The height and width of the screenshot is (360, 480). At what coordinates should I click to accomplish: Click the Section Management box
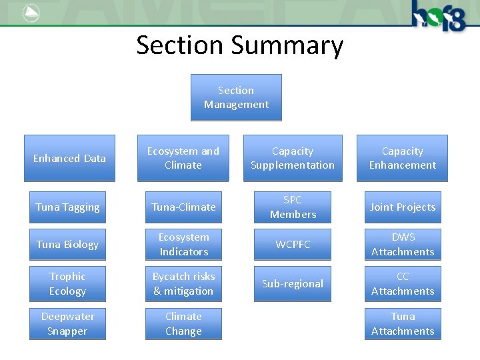pyautogui.click(x=236, y=97)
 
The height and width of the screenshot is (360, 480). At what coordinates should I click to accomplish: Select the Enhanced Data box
pyautogui.click(x=69, y=158)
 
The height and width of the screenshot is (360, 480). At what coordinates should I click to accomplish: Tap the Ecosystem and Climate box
pyautogui.click(x=183, y=158)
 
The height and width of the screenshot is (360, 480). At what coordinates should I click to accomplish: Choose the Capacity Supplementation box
pyautogui.click(x=293, y=158)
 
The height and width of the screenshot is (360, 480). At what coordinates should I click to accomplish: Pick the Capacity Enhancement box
pyautogui.click(x=402, y=158)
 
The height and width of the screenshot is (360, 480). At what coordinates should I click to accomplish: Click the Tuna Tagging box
pyautogui.click(x=67, y=207)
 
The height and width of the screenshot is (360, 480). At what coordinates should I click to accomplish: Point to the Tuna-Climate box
pyautogui.click(x=183, y=207)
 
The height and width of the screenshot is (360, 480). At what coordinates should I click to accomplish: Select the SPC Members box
pyautogui.click(x=293, y=207)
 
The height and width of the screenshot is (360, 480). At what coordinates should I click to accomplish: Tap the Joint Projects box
pyautogui.click(x=403, y=207)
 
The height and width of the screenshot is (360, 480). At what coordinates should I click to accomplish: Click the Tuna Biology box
pyautogui.click(x=67, y=244)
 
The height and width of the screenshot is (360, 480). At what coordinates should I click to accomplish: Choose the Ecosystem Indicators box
pyautogui.click(x=183, y=244)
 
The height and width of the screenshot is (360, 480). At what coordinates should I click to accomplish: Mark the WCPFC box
pyautogui.click(x=293, y=244)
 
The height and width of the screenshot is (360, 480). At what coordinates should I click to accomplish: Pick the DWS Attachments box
pyautogui.click(x=403, y=244)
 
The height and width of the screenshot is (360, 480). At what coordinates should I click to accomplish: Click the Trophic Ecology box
pyautogui.click(x=67, y=283)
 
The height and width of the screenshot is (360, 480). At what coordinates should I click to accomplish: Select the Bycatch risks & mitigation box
pyautogui.click(x=183, y=283)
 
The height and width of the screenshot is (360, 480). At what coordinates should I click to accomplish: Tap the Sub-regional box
pyautogui.click(x=293, y=283)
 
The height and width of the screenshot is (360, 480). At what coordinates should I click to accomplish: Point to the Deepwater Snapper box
pyautogui.click(x=67, y=323)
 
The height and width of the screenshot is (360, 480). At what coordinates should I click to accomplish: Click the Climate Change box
pyautogui.click(x=183, y=323)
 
